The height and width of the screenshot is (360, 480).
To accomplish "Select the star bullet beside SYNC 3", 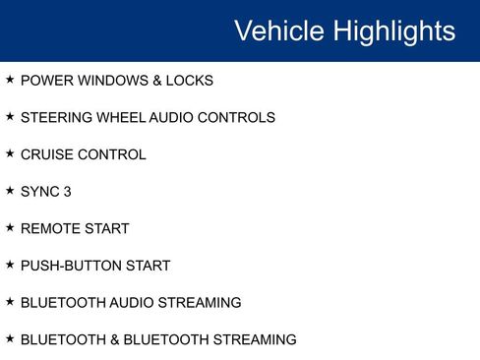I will coord(10,191).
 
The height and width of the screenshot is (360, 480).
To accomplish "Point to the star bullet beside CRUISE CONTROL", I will coord(10,153).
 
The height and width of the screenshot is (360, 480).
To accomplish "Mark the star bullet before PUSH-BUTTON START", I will coord(10,265).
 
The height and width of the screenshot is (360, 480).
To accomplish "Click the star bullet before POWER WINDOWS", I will coord(10,80).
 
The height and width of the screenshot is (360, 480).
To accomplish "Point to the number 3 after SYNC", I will coord(67,192).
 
